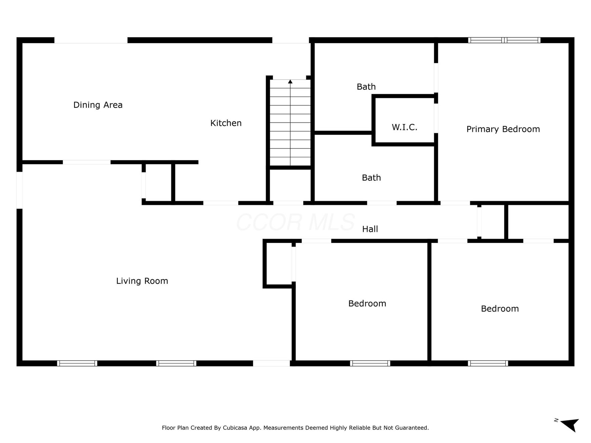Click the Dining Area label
point(98,105)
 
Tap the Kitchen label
point(226,123)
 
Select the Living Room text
point(142,281)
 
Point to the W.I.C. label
point(404,127)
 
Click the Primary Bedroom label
point(503,129)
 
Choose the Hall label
point(370,229)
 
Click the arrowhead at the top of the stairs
point(290,82)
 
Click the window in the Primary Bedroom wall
point(504,40)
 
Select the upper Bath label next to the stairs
point(366,87)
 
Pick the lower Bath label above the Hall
point(371,178)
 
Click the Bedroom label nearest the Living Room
point(367,304)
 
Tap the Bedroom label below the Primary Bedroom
point(500,309)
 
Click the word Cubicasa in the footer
point(235,428)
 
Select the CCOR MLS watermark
point(295,222)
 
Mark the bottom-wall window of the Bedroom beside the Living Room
point(370,363)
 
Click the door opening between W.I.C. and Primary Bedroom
point(436,119)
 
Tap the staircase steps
point(290,123)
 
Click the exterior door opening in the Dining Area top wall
point(91,40)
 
